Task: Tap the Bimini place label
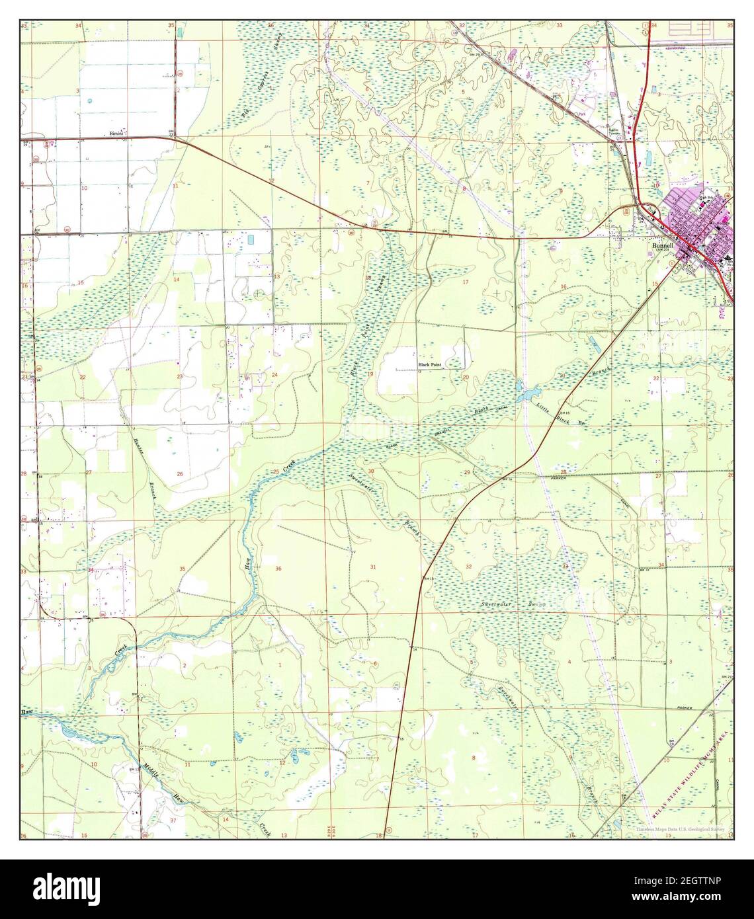point(118,134)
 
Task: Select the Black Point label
point(430,364)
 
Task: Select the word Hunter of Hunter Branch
point(138,450)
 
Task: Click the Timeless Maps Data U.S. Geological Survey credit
point(681,828)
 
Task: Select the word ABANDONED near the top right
point(692,48)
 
